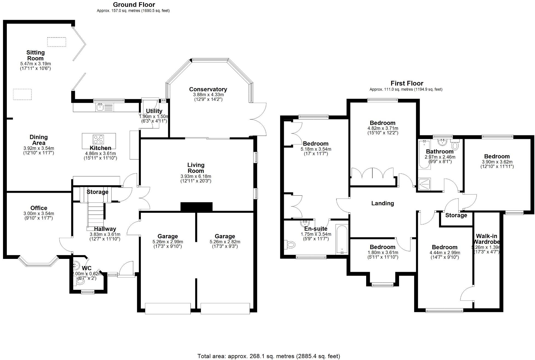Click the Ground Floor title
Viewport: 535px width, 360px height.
pos(134,5)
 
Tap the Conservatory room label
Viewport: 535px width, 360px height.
pos(208,89)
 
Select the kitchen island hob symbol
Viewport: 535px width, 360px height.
pos(99,139)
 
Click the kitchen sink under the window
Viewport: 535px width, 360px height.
pos(100,107)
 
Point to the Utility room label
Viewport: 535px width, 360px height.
pos(154,111)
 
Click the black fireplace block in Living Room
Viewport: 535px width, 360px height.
pos(197,207)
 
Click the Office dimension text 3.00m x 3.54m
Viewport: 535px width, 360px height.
pos(39,213)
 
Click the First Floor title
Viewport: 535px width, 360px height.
pos(407,83)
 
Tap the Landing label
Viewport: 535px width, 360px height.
pos(382,203)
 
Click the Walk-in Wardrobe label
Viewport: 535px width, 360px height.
pos(486,239)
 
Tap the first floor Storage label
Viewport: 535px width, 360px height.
pos(456,215)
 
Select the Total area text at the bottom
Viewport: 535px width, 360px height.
pos(269,356)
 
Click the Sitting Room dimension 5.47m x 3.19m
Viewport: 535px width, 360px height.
pos(35,64)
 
